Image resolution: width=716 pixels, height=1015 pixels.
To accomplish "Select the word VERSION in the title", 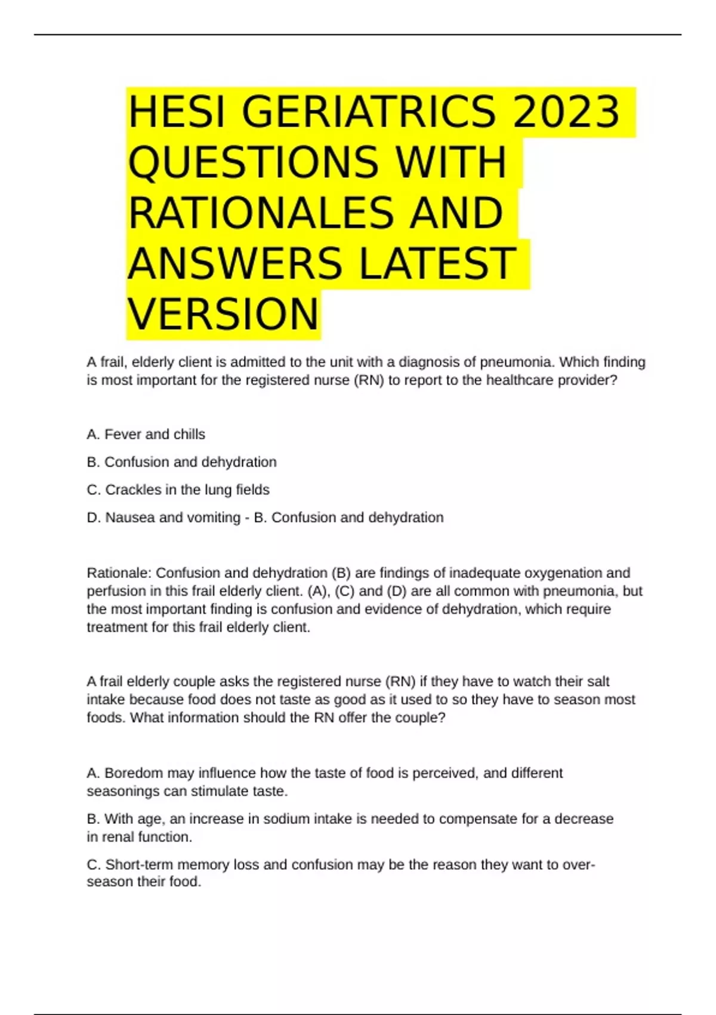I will [223, 314].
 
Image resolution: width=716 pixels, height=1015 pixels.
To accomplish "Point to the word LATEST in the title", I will [437, 263].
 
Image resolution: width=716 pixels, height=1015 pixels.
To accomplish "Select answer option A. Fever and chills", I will [146, 434].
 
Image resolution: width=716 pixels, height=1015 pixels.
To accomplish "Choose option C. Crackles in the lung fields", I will [178, 490].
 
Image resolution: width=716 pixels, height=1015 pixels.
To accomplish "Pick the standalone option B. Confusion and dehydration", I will [181, 462].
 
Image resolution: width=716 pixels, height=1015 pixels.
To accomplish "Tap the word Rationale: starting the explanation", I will [119, 573].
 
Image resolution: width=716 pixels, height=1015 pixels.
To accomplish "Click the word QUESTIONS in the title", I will [253, 162].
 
